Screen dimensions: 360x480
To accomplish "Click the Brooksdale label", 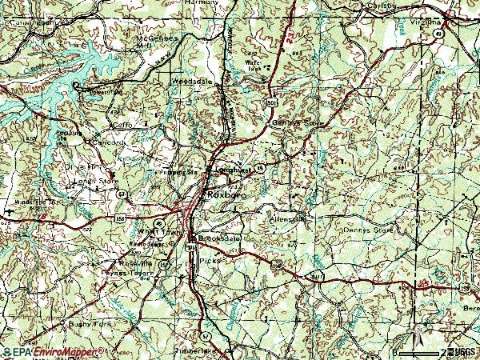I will tap(218, 239).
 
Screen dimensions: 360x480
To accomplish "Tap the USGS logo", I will tap(462, 352).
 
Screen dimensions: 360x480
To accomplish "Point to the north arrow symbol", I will tap(417, 330).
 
